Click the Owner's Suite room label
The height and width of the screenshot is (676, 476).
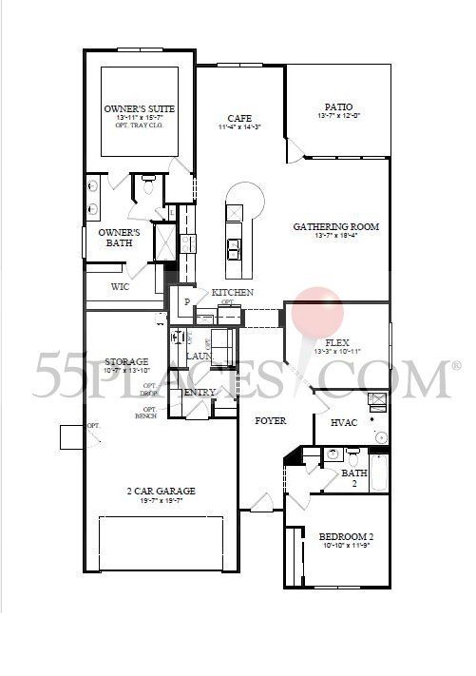point(140,109)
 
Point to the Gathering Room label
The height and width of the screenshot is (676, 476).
point(336,226)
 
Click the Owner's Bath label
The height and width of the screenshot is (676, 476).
point(120,238)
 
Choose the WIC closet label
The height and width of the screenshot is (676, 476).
point(120,286)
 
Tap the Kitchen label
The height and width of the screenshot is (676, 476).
point(232,292)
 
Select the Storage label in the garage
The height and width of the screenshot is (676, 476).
point(126,362)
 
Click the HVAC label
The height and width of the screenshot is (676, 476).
point(343,422)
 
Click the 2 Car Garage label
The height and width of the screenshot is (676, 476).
point(161,491)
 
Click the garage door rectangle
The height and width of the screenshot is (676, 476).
point(161,544)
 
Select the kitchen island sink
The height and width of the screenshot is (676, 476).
point(234,247)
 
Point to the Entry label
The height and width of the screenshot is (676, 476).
point(200,392)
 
